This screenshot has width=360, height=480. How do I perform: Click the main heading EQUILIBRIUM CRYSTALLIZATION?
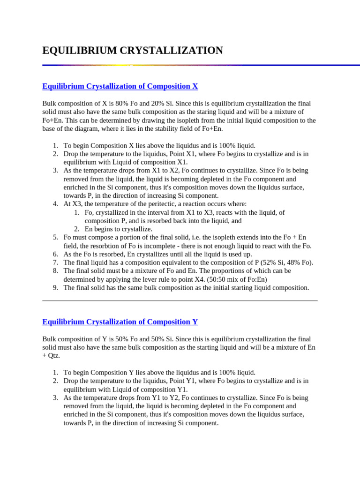133,51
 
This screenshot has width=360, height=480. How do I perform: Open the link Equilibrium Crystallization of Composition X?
120,86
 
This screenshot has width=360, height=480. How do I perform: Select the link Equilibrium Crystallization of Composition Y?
120,322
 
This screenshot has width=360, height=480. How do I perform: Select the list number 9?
55,288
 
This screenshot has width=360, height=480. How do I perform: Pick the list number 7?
55,262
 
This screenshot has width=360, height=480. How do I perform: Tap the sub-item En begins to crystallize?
119,229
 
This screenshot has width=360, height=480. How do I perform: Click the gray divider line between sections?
180,300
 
